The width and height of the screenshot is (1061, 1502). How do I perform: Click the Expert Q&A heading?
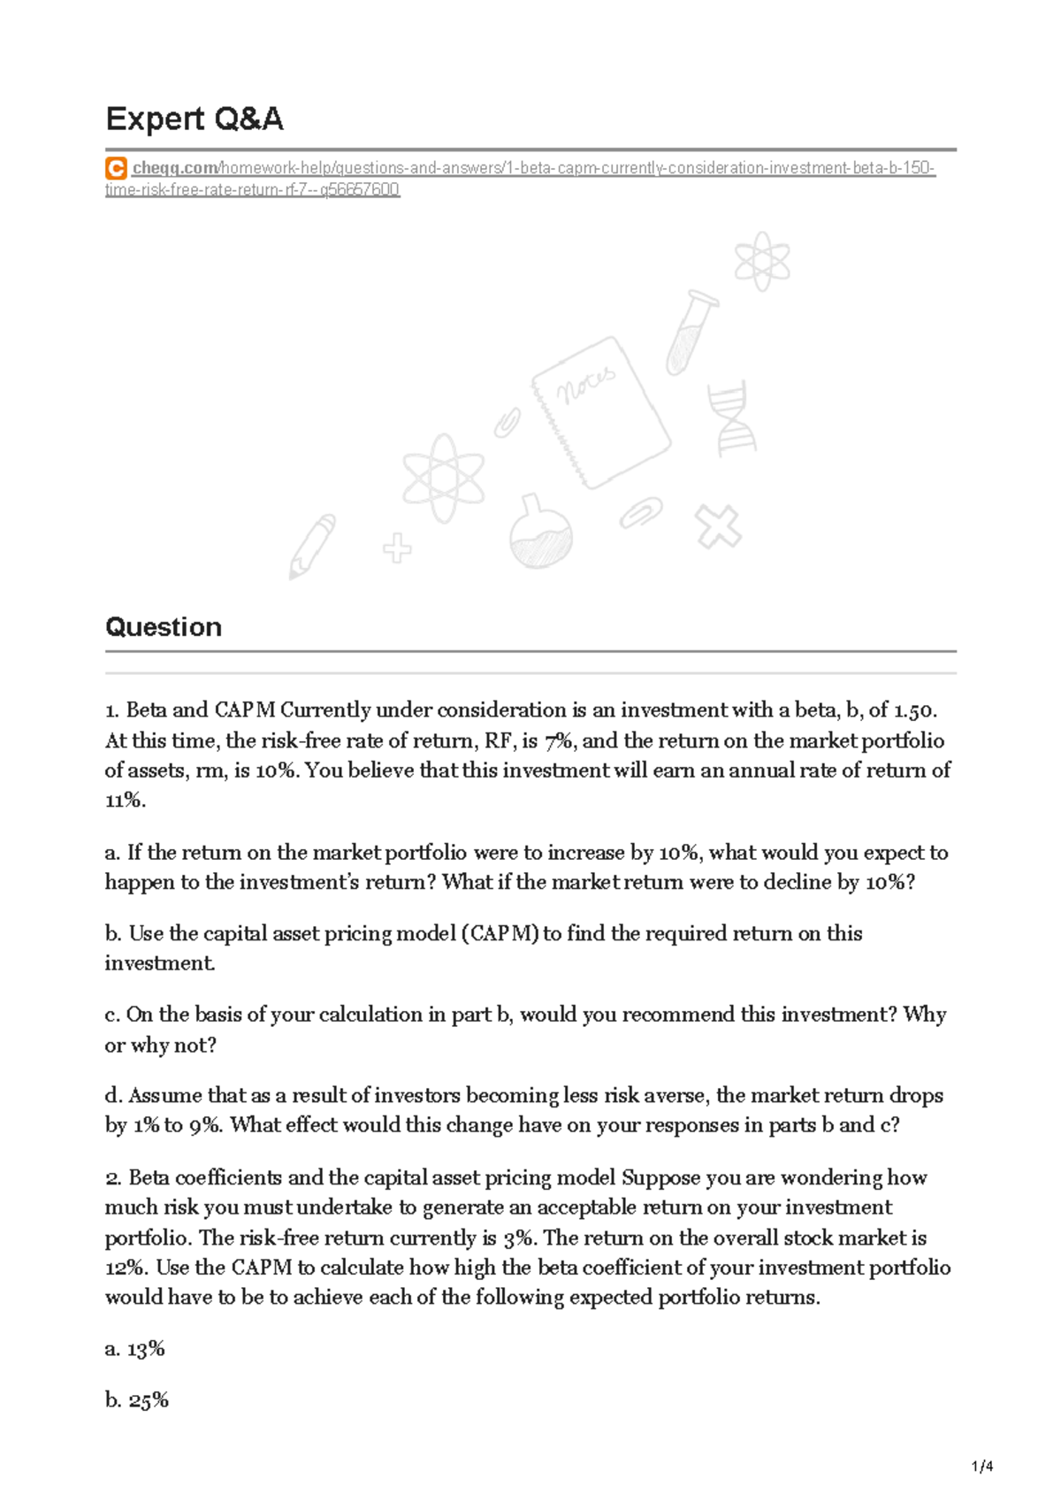click(x=194, y=119)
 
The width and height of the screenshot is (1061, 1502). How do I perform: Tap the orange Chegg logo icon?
click(x=115, y=168)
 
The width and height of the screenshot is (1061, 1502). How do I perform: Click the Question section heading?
click(x=164, y=627)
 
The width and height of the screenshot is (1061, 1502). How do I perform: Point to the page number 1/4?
click(x=982, y=1467)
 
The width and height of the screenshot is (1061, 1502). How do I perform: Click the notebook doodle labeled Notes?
click(x=600, y=411)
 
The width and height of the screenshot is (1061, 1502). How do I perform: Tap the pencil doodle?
click(x=312, y=546)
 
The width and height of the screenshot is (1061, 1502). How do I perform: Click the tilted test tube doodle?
click(x=691, y=332)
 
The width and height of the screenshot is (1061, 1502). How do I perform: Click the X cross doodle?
click(x=718, y=527)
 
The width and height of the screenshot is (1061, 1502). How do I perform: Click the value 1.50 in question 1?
click(x=914, y=710)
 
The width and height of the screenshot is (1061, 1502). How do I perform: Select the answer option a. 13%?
click(x=134, y=1349)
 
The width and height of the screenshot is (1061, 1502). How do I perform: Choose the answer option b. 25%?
click(x=136, y=1400)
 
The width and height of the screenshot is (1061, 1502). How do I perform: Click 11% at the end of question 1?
click(x=124, y=801)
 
